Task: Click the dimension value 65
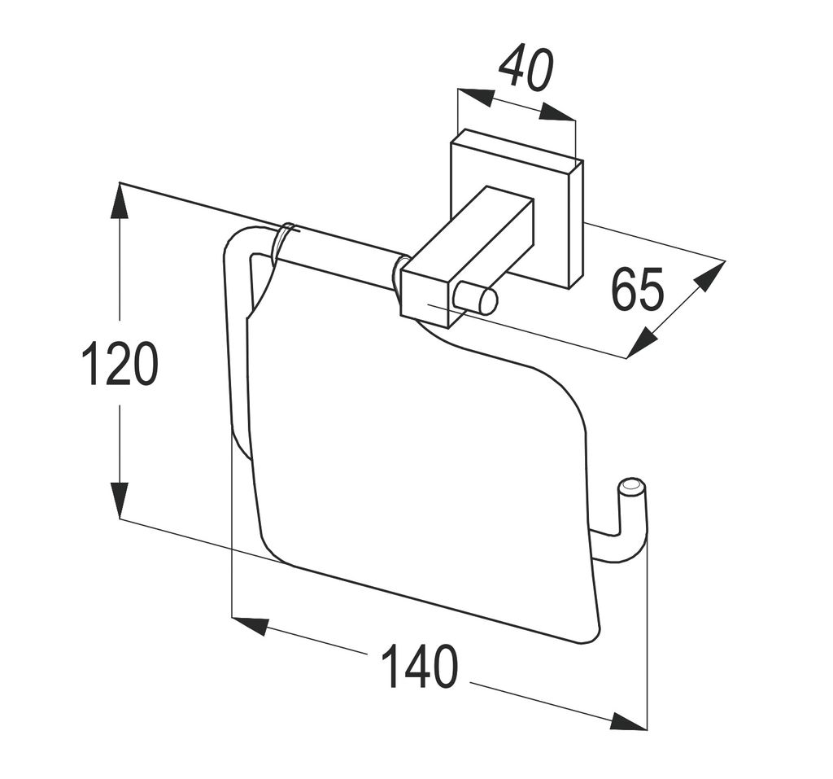637,289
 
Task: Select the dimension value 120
120,364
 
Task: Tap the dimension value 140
419,667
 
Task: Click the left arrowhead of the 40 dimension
476,97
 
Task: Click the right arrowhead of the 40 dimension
558,113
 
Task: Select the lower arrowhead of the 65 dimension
642,342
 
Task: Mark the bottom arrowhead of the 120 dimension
120,500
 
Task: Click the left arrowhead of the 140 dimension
251,624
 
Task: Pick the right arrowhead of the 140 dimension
628,721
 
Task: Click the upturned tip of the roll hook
632,488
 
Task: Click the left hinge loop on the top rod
285,240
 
